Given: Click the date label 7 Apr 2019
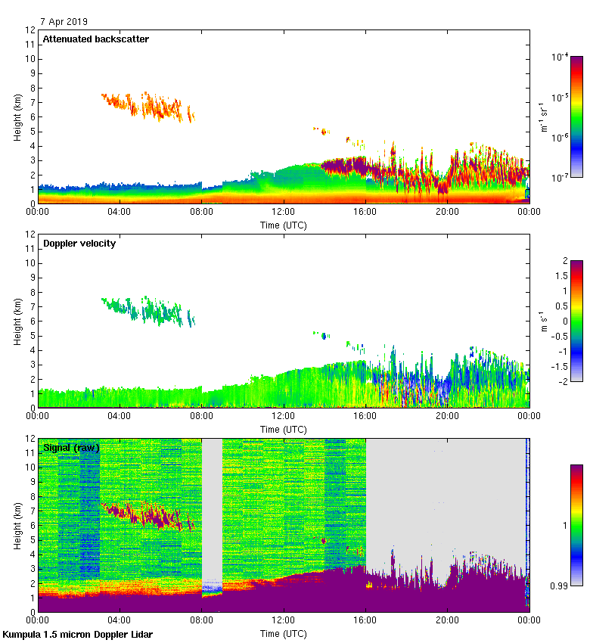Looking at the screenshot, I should click(64, 21).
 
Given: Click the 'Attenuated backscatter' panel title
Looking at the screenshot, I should click(95, 39).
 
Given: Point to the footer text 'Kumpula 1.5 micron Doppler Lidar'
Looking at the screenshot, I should click(78, 634).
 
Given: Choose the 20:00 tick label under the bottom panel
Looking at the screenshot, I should click(447, 621).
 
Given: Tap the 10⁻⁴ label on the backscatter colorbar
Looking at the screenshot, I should click(560, 57).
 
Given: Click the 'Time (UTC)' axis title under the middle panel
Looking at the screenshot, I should click(284, 429).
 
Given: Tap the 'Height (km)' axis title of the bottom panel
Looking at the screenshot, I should click(17, 525).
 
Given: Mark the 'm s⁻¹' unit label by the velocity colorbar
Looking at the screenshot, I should click(542, 320).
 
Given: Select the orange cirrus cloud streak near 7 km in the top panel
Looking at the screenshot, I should click(147, 105).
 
